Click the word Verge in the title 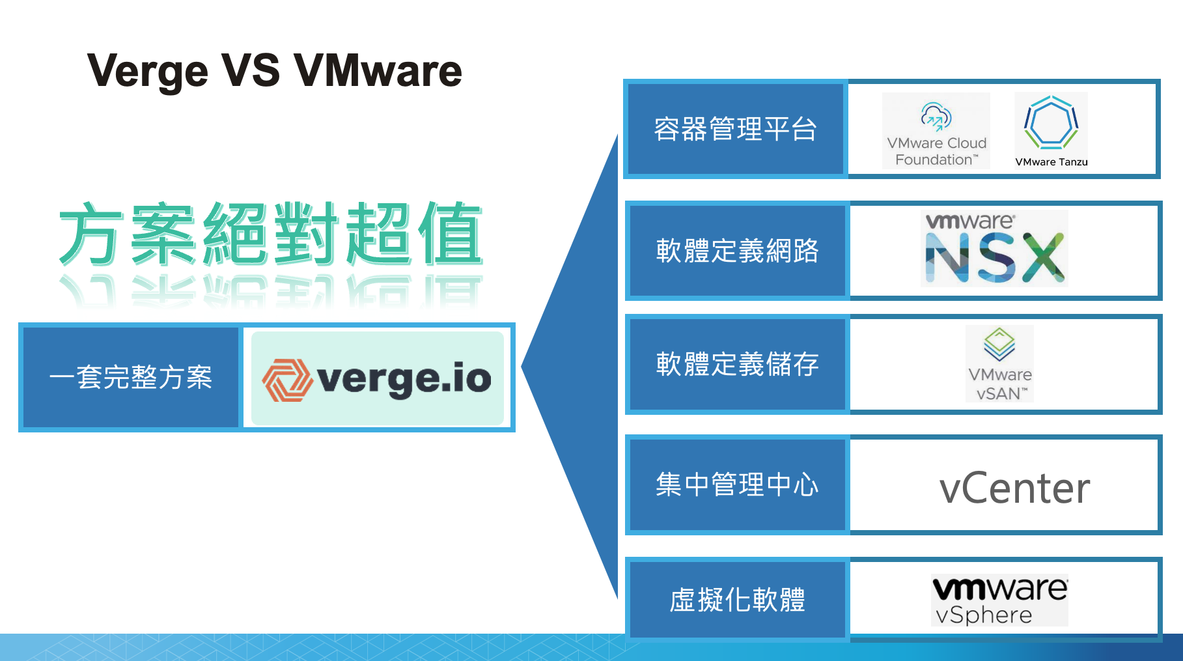pos(147,72)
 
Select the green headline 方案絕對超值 pos(270,234)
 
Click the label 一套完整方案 pos(131,378)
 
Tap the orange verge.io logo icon pos(286,380)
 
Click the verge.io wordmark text pos(404,379)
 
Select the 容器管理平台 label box pos(736,129)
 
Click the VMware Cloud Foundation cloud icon pos(936,117)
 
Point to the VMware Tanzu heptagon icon pos(1051,122)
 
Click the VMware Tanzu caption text pos(1051,162)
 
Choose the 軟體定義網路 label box pos(737,251)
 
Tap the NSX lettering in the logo pos(995,258)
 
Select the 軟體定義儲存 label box pos(737,364)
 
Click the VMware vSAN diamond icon pos(999,343)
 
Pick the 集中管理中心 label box pos(737,485)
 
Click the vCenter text pos(1014,488)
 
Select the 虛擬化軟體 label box pos(737,600)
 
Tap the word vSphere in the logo pos(984,615)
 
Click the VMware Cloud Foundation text pos(936,152)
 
